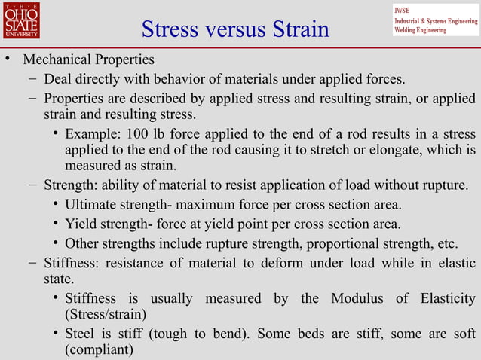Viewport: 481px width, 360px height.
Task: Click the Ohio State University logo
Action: coord(20,20)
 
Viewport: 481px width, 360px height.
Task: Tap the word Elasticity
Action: coord(445,299)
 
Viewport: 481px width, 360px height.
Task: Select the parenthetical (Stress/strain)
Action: coord(106,314)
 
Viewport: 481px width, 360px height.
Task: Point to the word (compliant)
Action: coord(99,350)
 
